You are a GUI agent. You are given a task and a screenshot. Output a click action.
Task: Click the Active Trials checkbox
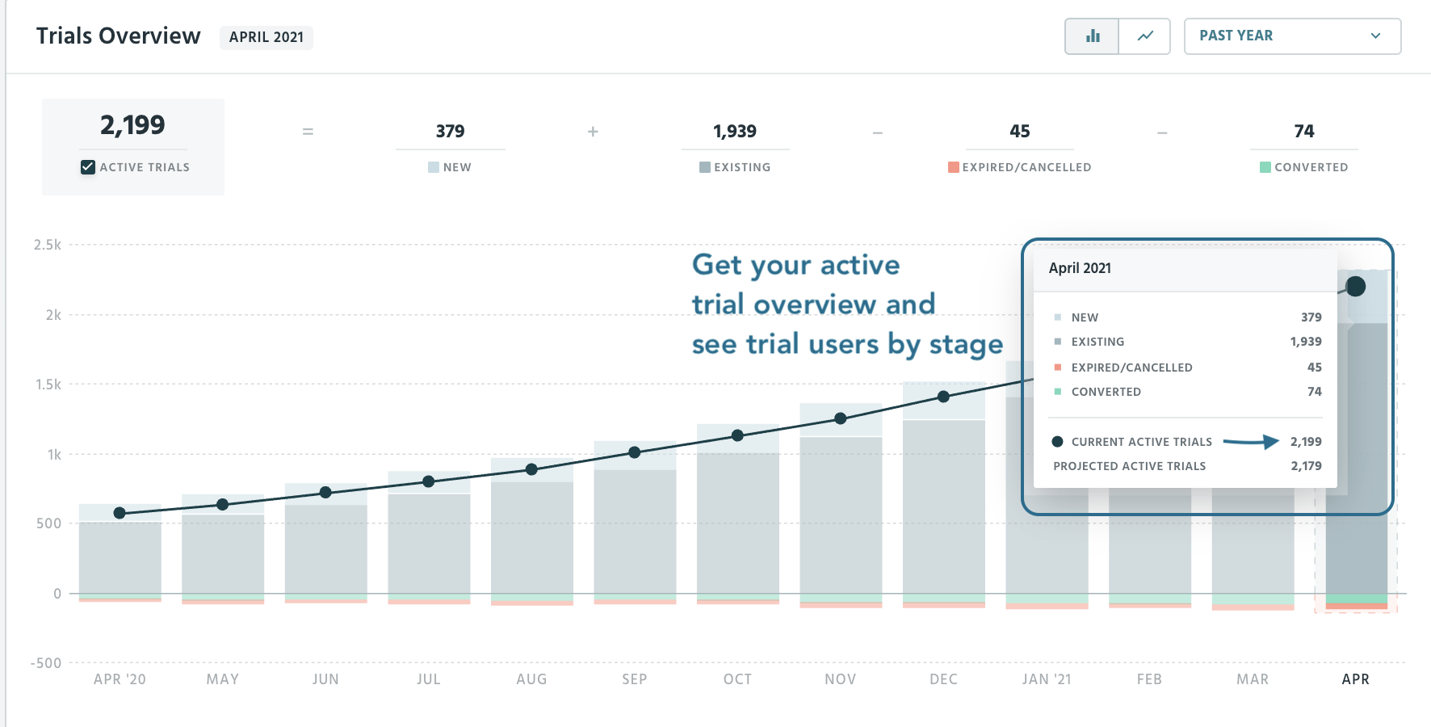click(x=88, y=167)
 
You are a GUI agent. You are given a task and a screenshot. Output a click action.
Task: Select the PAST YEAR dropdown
click(x=1291, y=36)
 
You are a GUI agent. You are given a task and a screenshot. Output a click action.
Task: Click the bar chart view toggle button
click(x=1093, y=36)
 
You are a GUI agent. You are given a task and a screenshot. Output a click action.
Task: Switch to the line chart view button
click(x=1145, y=36)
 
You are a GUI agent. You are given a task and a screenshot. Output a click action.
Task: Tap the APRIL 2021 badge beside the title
click(x=266, y=37)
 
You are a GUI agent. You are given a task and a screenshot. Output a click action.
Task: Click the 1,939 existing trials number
click(x=735, y=132)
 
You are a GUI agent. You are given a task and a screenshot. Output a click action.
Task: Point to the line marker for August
click(x=531, y=469)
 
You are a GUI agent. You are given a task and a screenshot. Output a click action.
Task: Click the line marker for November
click(x=841, y=418)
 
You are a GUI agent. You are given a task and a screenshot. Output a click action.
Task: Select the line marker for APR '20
click(x=120, y=513)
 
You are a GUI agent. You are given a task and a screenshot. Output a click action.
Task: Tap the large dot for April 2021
click(x=1356, y=286)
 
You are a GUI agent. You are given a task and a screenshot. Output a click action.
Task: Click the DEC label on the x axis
click(x=943, y=679)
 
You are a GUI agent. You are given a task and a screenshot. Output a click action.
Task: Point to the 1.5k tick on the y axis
click(x=48, y=385)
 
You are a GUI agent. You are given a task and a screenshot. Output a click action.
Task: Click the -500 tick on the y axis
click(x=46, y=663)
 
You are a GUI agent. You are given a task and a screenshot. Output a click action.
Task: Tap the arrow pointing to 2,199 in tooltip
click(x=1251, y=442)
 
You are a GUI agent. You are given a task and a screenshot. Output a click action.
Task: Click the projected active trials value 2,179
click(x=1306, y=466)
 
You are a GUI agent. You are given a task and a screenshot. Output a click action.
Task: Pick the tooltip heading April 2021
click(x=1080, y=268)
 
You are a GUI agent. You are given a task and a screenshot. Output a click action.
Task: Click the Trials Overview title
click(x=118, y=36)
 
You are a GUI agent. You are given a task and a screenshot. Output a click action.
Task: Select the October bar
click(x=738, y=517)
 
